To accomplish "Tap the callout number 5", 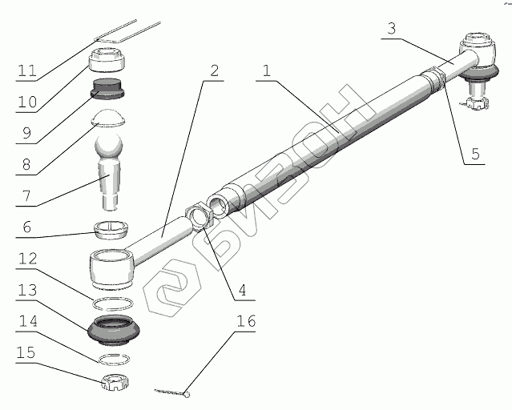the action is click(476, 153).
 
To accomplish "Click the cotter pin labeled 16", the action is click(172, 392).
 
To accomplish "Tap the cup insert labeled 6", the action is click(111, 228).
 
